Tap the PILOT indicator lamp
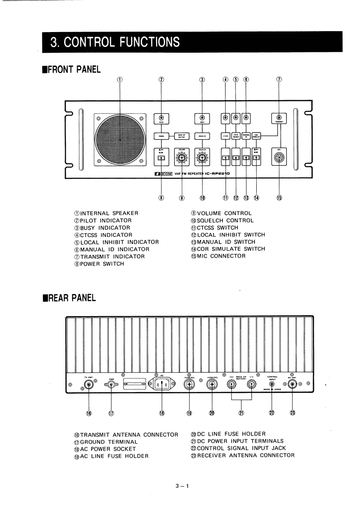(161, 117)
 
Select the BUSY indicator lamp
(202, 117)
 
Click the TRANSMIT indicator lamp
(279, 117)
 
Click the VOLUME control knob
(182, 158)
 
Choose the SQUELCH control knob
(202, 158)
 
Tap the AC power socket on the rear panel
(161, 384)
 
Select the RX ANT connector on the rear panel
(293, 384)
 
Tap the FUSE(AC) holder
(189, 385)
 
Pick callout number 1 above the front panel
(120, 79)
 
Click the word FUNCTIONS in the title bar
(144, 42)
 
